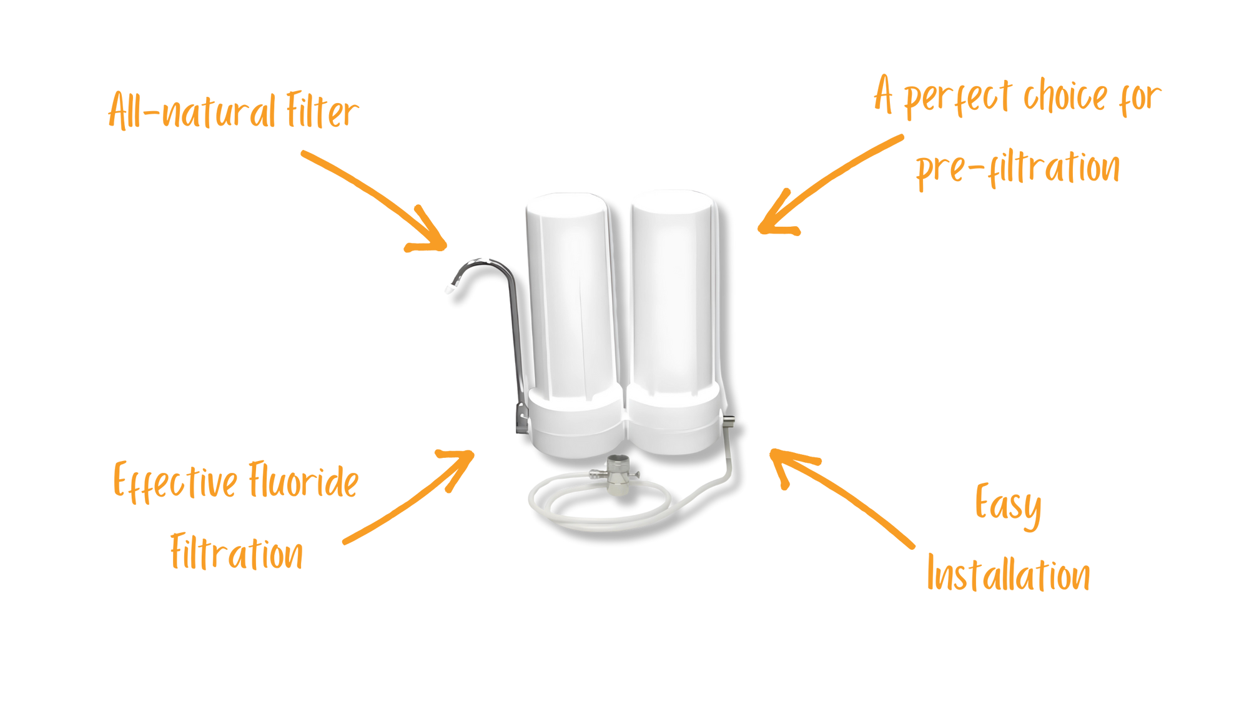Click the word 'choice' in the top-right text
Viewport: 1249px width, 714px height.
coord(1065,97)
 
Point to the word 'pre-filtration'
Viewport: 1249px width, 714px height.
coord(1018,167)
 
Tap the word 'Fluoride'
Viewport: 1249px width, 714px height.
coord(304,480)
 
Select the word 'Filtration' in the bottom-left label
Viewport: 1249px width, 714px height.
coord(237,552)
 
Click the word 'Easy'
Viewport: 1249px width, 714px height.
coord(1008,505)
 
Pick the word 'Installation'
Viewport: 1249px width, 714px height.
coord(1009,574)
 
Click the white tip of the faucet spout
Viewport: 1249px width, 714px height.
coord(448,289)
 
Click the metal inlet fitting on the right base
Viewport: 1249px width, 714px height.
coord(728,422)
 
